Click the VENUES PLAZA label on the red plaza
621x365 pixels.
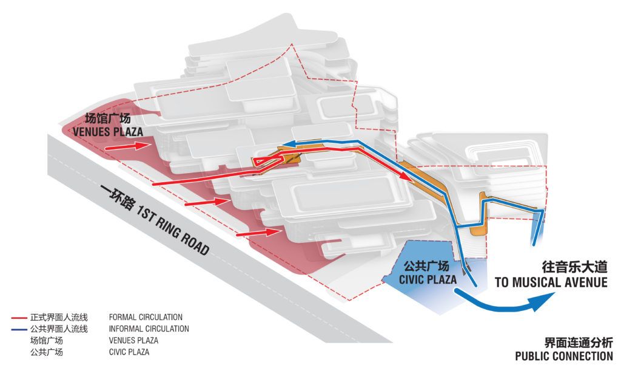108,132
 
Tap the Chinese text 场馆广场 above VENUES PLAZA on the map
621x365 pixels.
108,118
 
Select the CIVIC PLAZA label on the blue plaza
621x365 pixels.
428,279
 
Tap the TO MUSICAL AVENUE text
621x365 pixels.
551,282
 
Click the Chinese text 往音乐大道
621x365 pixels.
574,267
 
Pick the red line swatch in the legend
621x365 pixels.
19,318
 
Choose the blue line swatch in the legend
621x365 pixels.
19,329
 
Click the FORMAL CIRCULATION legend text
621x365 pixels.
146,318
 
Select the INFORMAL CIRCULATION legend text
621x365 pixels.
149,329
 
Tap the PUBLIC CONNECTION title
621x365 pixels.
564,356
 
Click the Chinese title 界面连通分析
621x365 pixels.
579,343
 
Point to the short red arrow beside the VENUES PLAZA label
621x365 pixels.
129,146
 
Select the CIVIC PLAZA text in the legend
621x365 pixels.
129,352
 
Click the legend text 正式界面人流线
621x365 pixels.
59,318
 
